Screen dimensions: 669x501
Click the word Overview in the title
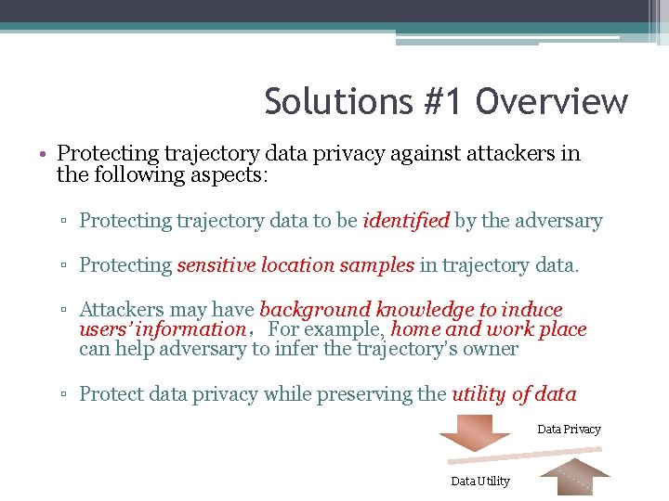point(552,102)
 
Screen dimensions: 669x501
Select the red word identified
point(406,221)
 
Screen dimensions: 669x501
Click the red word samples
point(375,265)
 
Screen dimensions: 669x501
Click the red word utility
point(479,394)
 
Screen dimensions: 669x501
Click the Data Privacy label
point(569,430)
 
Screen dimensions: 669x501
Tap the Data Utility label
point(480,481)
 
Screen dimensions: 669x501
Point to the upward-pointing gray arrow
point(575,479)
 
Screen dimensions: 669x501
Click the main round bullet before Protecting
point(45,154)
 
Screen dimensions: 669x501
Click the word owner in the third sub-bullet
point(492,349)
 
